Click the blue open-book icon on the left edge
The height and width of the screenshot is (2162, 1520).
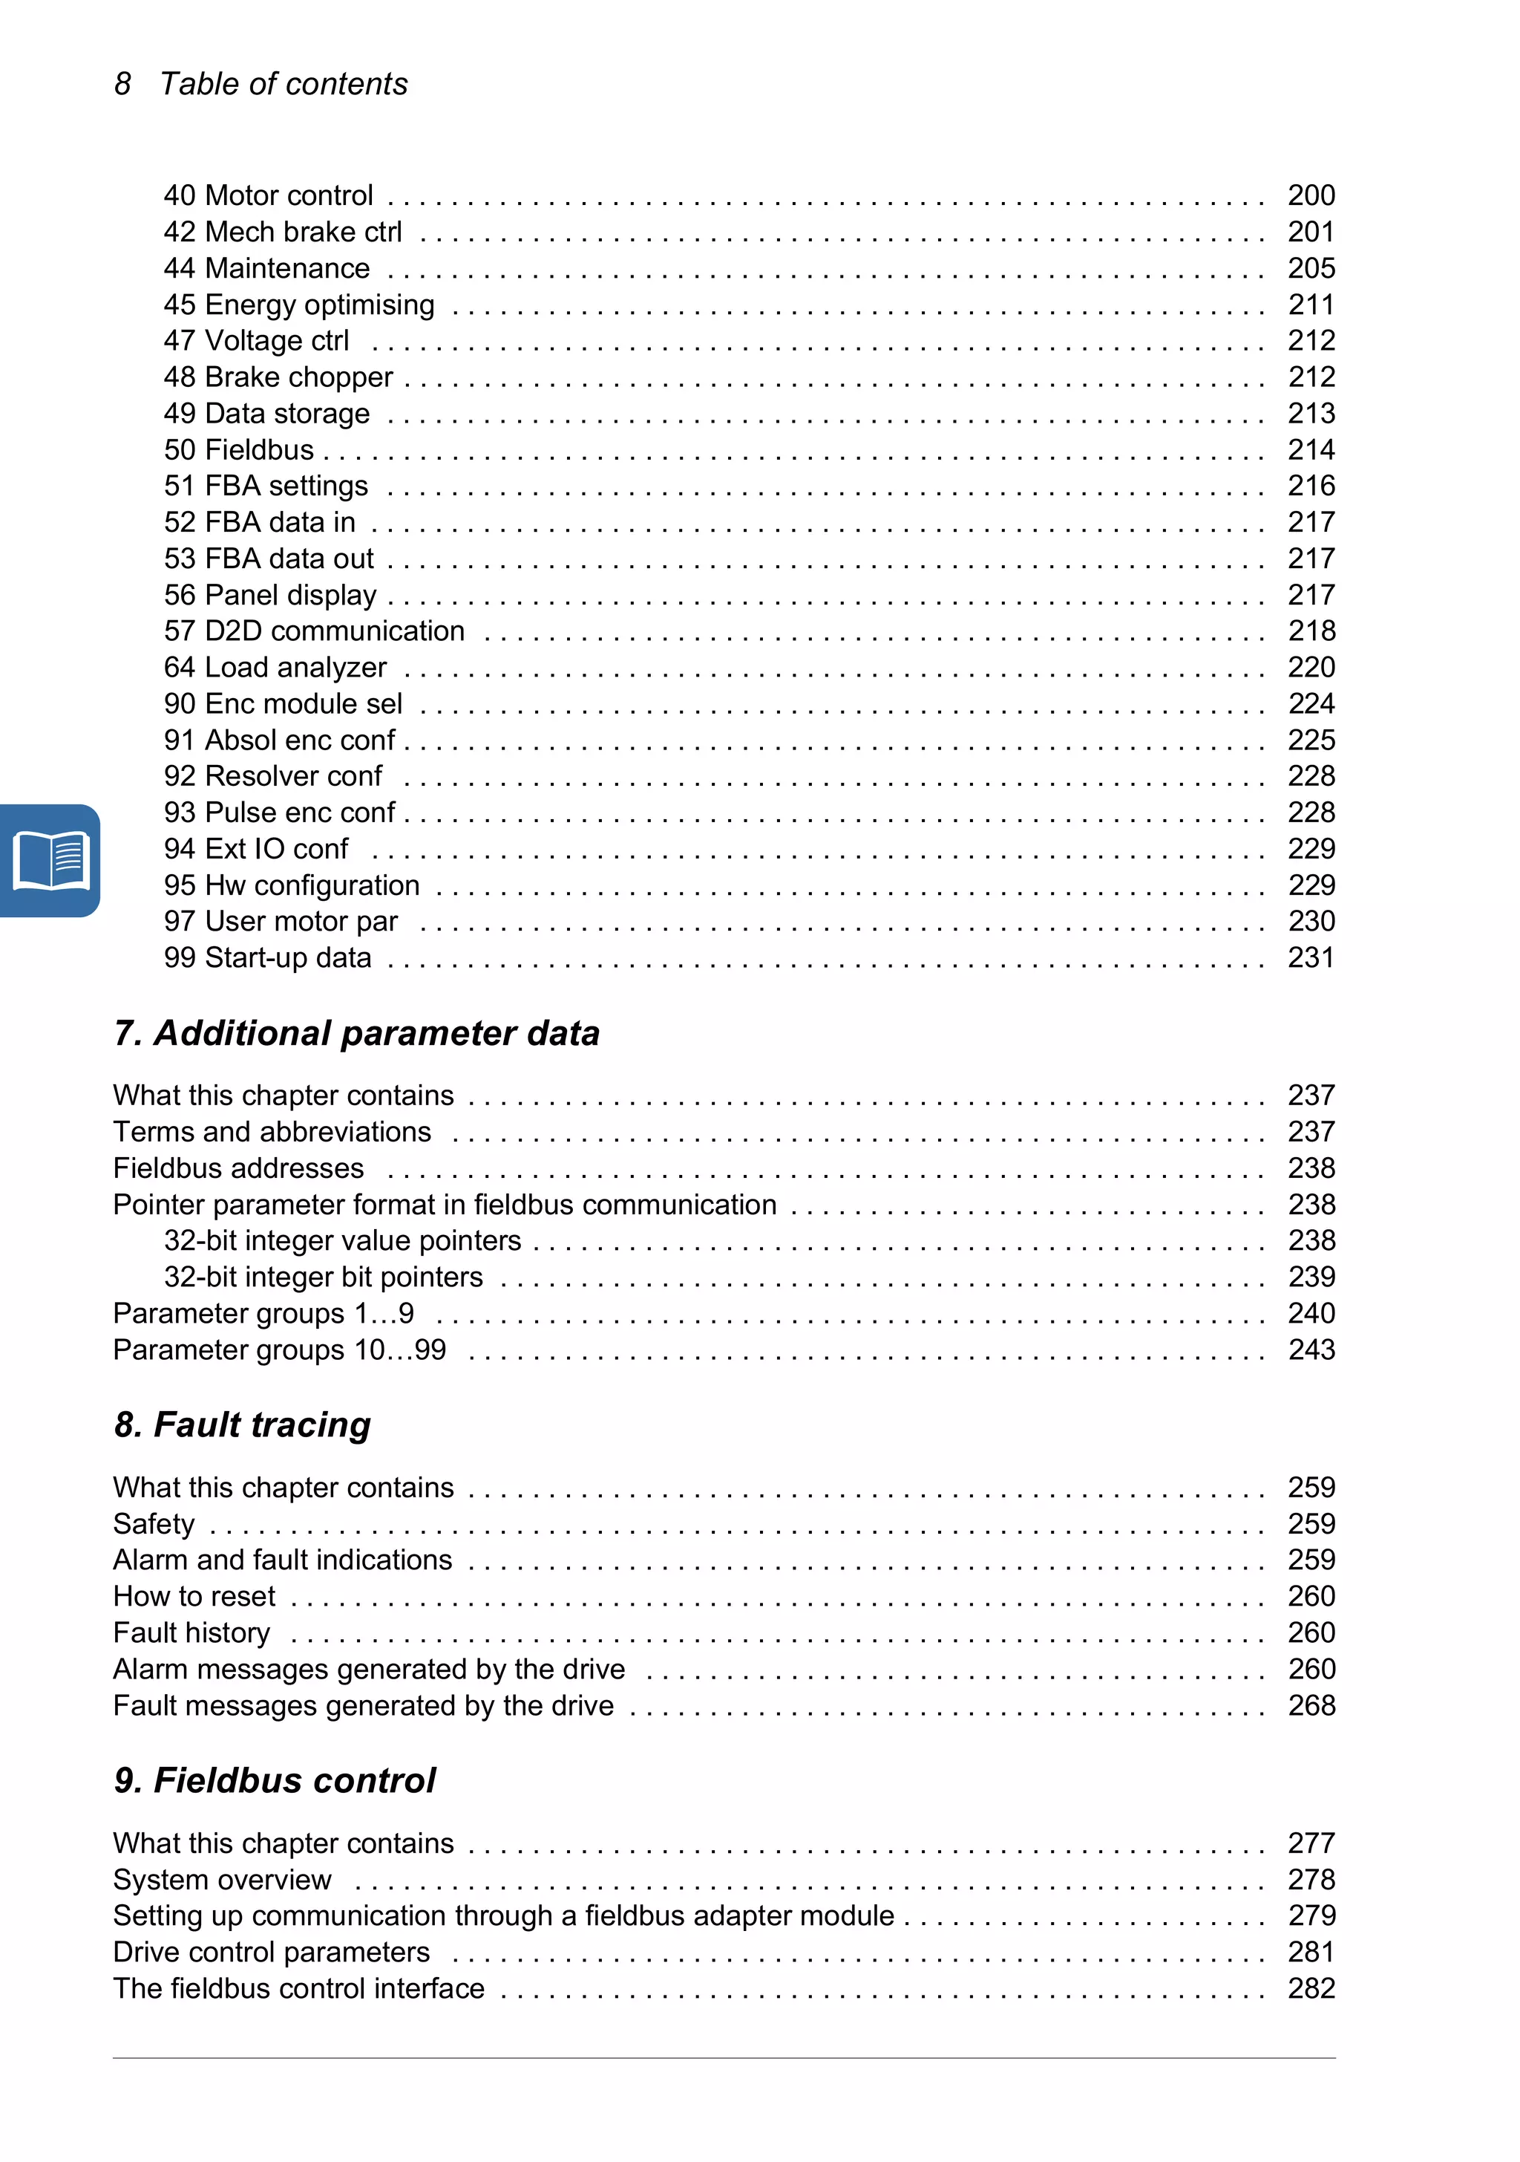click(x=50, y=860)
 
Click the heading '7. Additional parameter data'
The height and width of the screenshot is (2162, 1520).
click(x=357, y=1033)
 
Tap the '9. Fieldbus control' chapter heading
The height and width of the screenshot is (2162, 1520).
click(x=275, y=1781)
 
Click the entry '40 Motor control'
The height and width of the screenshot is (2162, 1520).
click(x=268, y=195)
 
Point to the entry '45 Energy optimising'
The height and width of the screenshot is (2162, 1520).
click(x=299, y=305)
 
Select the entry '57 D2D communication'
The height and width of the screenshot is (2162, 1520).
click(x=315, y=630)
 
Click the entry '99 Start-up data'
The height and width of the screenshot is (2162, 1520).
click(x=267, y=957)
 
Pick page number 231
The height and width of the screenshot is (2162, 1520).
click(x=1311, y=957)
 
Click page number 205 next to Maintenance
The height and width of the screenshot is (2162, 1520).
click(x=1311, y=268)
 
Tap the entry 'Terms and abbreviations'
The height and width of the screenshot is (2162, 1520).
click(x=272, y=1131)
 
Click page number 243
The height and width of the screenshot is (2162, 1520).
click(x=1311, y=1349)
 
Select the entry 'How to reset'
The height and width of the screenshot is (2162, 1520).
click(x=194, y=1596)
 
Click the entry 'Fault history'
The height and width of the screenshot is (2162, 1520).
click(x=191, y=1632)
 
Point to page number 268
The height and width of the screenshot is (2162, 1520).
click(x=1311, y=1705)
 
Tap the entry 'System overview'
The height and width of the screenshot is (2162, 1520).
click(x=222, y=1880)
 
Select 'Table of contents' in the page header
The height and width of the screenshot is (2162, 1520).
click(x=284, y=84)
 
